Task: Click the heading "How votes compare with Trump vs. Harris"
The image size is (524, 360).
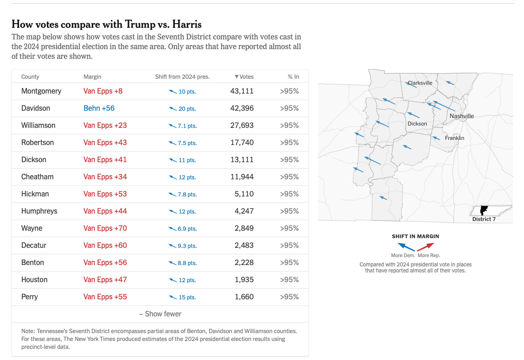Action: coord(107,25)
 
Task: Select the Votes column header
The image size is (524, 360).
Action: coord(244,76)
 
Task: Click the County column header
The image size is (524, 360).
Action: coord(30,76)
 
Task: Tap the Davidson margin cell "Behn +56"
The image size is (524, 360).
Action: coord(99,108)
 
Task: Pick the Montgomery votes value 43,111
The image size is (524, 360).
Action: coord(242,91)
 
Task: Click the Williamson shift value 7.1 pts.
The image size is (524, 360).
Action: coord(183,126)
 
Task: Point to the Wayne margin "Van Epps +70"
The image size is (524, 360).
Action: coord(105,228)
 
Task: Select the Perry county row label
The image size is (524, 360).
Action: coord(30,297)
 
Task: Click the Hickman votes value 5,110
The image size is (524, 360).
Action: coord(244,194)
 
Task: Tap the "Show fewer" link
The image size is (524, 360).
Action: coord(160,314)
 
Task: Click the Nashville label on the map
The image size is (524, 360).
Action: coord(461,116)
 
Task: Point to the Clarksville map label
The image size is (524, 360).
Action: coord(420,83)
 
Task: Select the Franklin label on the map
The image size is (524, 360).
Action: coord(454,138)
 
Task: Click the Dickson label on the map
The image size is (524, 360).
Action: coord(417,124)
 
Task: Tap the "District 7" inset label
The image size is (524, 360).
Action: coord(484,219)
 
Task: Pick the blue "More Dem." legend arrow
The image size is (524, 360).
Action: coord(407,246)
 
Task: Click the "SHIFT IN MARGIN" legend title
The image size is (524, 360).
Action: coord(415,236)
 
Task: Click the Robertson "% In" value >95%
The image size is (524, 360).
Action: coord(289,142)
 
